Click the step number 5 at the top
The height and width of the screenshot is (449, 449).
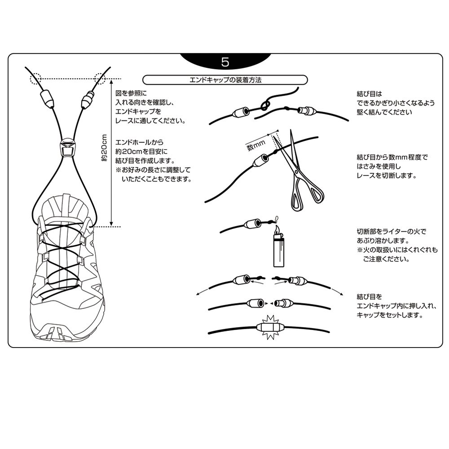click(225, 62)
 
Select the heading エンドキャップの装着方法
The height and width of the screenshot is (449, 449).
click(225, 80)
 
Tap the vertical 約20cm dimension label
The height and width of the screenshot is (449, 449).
click(104, 148)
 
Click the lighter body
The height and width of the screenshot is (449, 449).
click(279, 252)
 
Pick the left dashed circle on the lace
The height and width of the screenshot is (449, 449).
click(36, 79)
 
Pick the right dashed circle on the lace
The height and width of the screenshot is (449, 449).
click(100, 79)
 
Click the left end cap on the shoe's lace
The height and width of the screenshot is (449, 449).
click(46, 98)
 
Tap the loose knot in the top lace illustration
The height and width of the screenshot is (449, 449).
click(264, 106)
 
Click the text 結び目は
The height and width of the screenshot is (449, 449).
click(369, 94)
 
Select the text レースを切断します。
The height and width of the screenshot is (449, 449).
click(387, 176)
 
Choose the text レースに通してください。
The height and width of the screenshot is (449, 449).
click(150, 120)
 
